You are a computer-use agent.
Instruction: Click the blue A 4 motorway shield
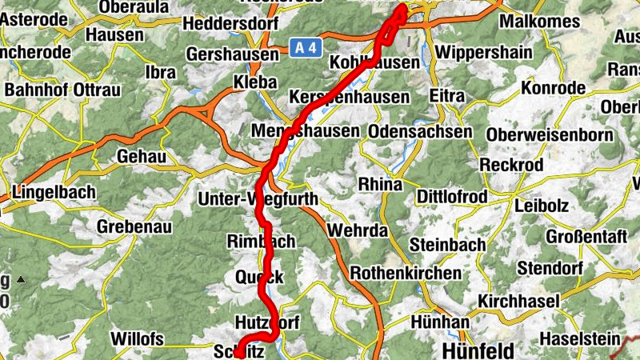click(305, 48)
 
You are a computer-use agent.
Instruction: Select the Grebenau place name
click(134, 226)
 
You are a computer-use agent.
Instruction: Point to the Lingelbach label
click(54, 192)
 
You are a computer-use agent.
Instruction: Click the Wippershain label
click(482, 53)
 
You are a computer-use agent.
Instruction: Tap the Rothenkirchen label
click(406, 273)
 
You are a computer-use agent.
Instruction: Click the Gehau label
click(141, 156)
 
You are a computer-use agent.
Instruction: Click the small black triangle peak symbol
click(21, 279)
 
